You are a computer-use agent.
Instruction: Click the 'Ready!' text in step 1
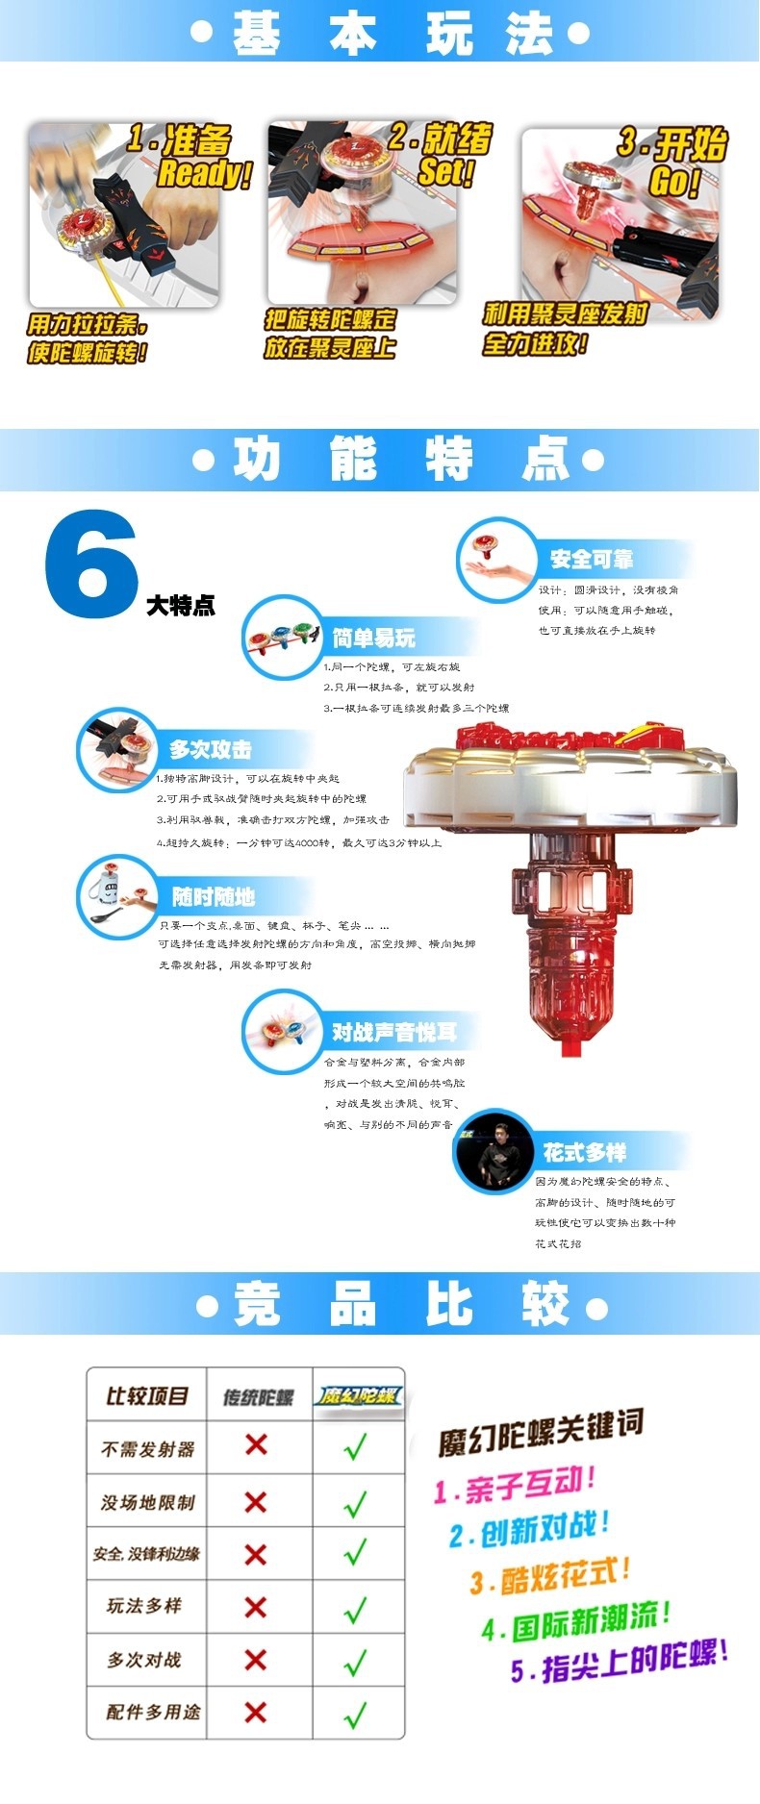[x=204, y=174]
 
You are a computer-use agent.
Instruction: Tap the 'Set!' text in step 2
[x=445, y=172]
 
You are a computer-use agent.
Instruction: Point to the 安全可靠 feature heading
[x=591, y=560]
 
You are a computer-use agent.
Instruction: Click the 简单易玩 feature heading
[x=373, y=639]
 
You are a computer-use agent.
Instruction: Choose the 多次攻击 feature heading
[x=210, y=750]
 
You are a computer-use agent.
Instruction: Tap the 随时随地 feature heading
[x=213, y=897]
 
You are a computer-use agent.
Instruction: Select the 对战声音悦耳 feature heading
[x=393, y=1033]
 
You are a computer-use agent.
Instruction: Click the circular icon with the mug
[x=117, y=896]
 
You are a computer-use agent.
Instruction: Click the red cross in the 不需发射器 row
[x=256, y=1444]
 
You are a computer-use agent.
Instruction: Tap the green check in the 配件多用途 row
[x=356, y=1713]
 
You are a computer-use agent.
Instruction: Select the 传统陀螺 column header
[x=258, y=1396]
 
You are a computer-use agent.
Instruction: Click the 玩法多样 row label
[x=144, y=1605]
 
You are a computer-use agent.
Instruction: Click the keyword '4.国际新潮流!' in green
[x=575, y=1621]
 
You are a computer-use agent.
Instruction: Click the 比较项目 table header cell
[x=146, y=1395]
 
